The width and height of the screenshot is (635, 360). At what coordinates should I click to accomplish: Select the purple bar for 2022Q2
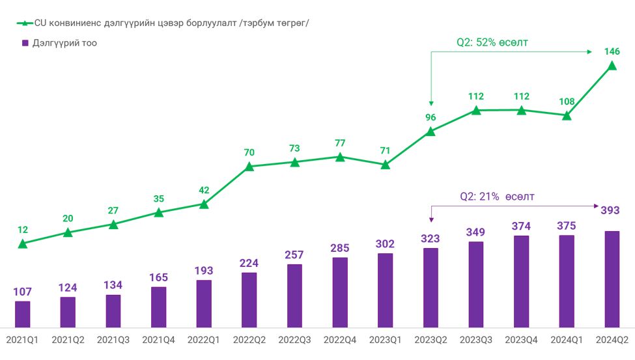(249, 299)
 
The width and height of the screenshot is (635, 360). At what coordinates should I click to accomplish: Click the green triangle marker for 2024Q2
(612, 64)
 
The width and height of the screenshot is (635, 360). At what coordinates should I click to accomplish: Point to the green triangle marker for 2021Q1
(23, 243)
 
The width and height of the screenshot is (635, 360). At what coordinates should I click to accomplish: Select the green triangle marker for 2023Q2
(430, 132)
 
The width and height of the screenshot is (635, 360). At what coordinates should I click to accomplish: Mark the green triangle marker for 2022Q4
(340, 156)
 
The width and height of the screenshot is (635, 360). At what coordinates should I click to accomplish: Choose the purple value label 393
(610, 210)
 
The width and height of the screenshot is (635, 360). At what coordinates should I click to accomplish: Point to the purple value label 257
(294, 254)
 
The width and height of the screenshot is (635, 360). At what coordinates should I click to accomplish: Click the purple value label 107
(22, 292)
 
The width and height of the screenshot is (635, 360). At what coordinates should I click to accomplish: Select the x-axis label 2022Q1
(204, 339)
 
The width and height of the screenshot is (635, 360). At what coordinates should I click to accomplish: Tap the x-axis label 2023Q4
(522, 339)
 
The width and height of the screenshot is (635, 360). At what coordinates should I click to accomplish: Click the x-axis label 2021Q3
(113, 339)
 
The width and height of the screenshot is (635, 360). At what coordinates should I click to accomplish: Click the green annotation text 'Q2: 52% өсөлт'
(492, 43)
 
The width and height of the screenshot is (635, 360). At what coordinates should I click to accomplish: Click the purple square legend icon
(25, 43)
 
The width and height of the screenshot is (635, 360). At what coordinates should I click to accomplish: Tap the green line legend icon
(24, 23)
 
